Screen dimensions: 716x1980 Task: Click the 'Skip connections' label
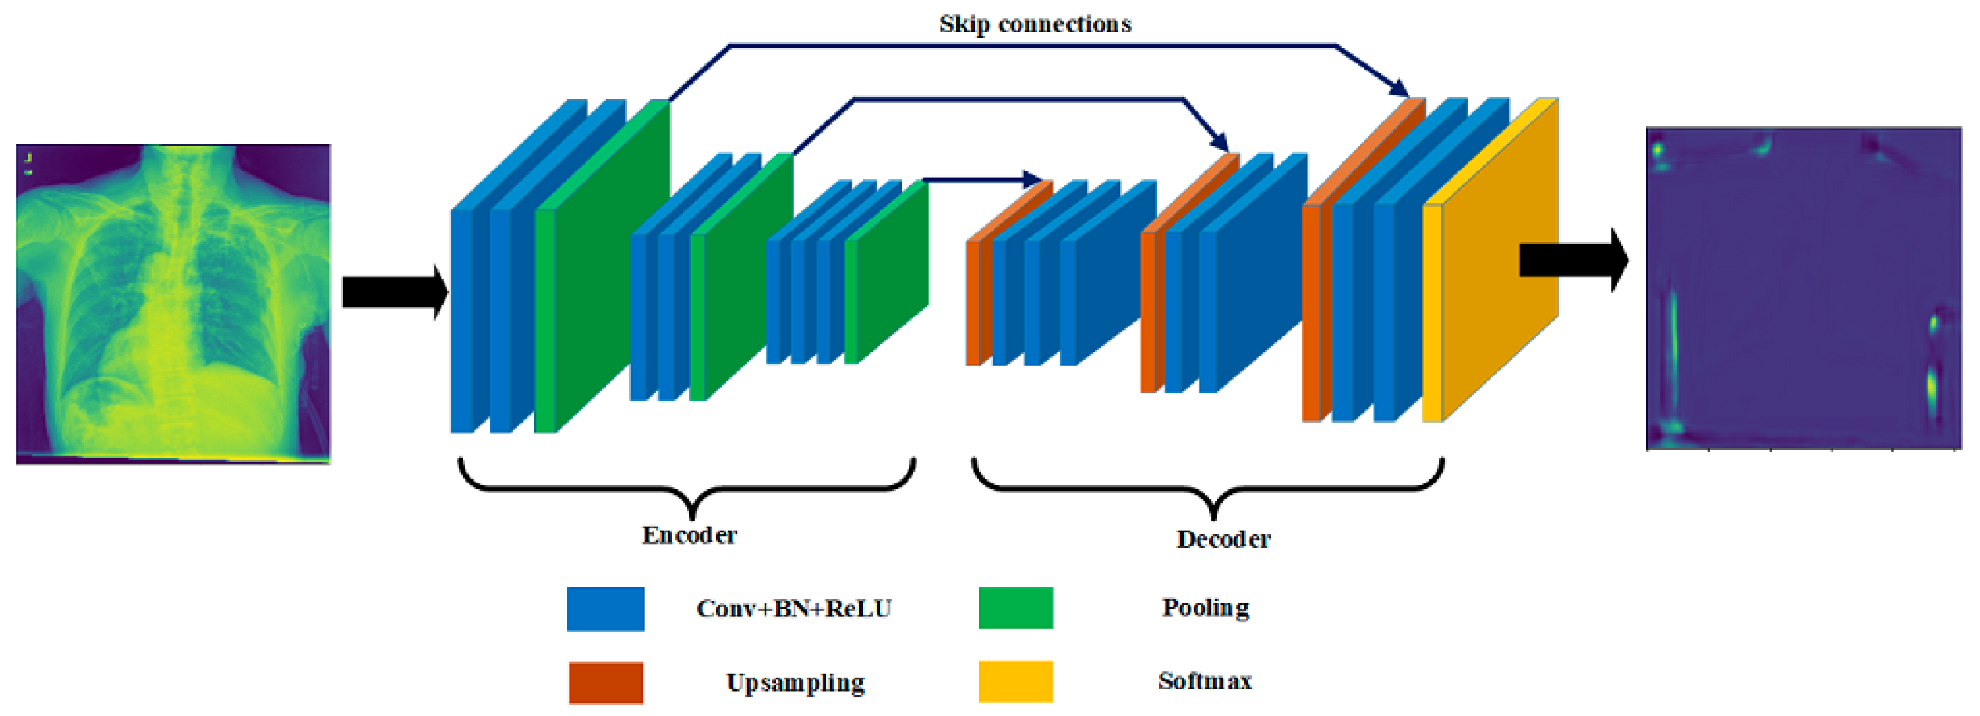pyautogui.click(x=1034, y=24)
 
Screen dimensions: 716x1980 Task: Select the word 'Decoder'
pyautogui.click(x=1223, y=540)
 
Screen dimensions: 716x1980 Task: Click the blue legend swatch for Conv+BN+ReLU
pyautogui.click(x=606, y=609)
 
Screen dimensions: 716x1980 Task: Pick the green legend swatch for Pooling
pyautogui.click(x=1015, y=607)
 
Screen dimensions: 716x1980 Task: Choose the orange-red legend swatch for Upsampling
pyautogui.click(x=606, y=682)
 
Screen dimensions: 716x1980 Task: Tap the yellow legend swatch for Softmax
pyautogui.click(x=1015, y=681)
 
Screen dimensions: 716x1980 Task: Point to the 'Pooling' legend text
pyautogui.click(x=1205, y=607)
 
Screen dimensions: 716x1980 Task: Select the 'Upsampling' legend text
pyautogui.click(x=796, y=682)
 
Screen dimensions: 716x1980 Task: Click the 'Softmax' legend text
pyautogui.click(x=1204, y=681)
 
